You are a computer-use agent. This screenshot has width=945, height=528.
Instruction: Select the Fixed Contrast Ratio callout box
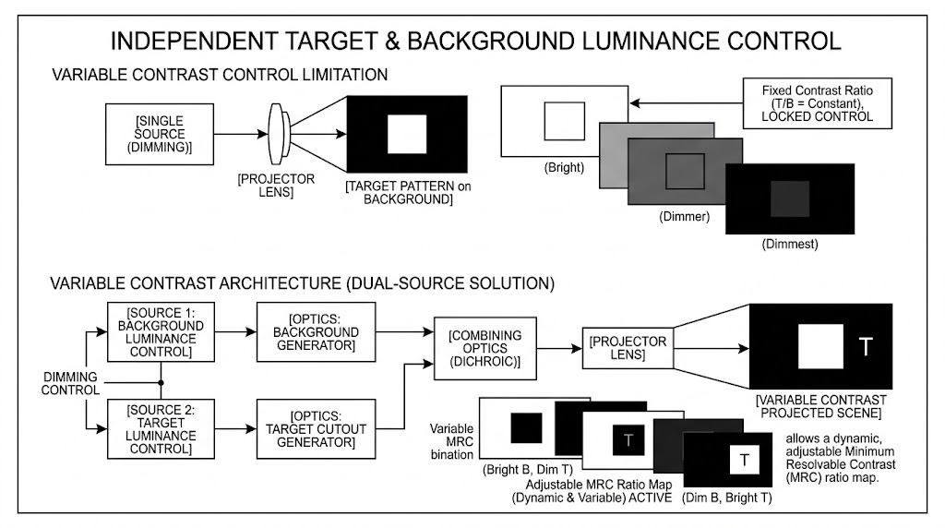tap(817, 103)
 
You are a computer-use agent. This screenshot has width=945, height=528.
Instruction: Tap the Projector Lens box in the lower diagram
tap(628, 349)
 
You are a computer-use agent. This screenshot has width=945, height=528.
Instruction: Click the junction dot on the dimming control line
tap(162, 381)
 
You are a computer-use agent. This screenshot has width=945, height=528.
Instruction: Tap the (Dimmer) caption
tap(684, 218)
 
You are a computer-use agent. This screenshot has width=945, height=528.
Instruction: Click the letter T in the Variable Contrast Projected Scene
tap(865, 347)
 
